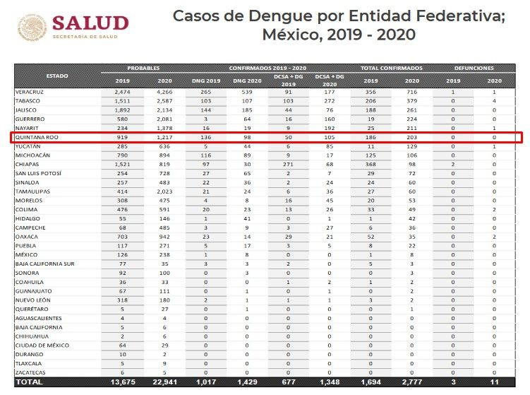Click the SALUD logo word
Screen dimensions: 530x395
[90, 23]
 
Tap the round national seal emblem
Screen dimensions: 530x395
[32, 27]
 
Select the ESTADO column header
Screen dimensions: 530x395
[57, 76]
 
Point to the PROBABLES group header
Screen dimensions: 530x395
[143, 68]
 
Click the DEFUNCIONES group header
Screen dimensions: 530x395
[474, 68]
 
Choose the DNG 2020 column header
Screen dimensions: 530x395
[247, 81]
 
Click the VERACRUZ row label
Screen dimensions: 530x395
[30, 92]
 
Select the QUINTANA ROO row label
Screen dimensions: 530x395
[37, 137]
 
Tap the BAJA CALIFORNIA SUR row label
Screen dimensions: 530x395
[45, 264]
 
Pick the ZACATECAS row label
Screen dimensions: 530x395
[30, 372]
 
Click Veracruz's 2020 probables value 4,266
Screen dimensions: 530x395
[164, 92]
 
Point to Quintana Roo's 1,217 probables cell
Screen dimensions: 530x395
[164, 137]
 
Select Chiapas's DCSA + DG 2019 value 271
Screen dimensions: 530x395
[289, 165]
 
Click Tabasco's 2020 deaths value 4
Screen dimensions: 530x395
[494, 101]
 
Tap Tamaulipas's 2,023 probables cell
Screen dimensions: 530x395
[164, 191]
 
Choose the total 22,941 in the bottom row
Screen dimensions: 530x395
[164, 382]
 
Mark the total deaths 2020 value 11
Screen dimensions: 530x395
[494, 382]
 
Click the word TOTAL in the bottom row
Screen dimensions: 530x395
[30, 382]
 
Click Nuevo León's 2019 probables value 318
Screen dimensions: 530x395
[122, 300]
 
